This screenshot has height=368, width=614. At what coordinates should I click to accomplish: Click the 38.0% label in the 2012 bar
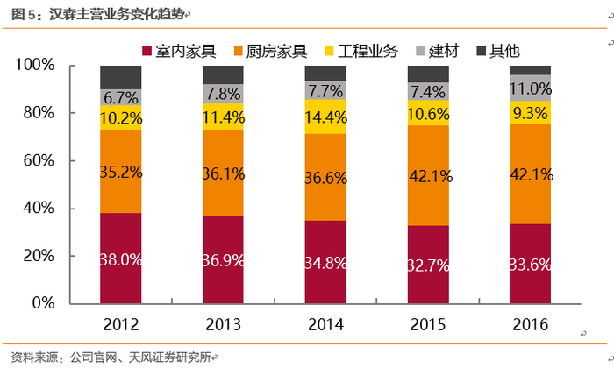click(x=121, y=259)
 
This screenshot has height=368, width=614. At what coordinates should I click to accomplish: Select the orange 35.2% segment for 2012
click(x=121, y=171)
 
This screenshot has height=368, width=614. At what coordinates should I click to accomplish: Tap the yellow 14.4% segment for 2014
click(x=325, y=117)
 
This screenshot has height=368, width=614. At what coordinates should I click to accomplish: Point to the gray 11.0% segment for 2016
click(x=531, y=88)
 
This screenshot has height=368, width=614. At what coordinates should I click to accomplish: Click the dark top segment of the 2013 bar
click(x=224, y=74)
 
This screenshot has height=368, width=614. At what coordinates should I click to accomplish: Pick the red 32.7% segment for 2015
click(x=428, y=264)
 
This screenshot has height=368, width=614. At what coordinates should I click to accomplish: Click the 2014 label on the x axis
click(x=325, y=323)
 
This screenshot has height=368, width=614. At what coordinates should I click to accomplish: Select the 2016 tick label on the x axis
click(x=531, y=323)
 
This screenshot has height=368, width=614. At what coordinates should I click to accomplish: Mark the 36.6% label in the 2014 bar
click(x=325, y=175)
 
